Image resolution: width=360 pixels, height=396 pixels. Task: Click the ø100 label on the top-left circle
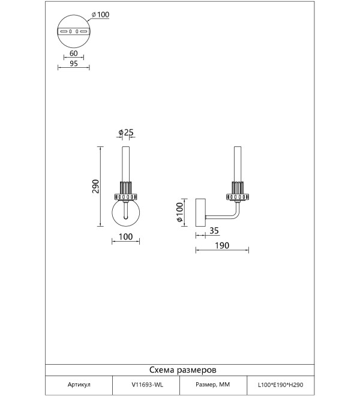(101, 14)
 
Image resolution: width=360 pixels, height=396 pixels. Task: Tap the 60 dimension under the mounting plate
(74, 53)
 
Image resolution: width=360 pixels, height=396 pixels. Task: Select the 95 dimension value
(74, 64)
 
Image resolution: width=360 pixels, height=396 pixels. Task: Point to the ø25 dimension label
(126, 132)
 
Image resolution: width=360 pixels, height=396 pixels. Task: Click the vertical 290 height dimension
(95, 186)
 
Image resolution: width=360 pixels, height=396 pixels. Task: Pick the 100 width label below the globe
(125, 236)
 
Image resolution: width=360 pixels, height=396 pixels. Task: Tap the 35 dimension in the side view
(214, 230)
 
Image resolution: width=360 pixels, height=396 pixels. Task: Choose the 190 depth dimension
(222, 245)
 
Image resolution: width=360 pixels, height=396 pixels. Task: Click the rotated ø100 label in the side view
(179, 212)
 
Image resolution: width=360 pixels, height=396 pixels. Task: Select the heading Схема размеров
(182, 370)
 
